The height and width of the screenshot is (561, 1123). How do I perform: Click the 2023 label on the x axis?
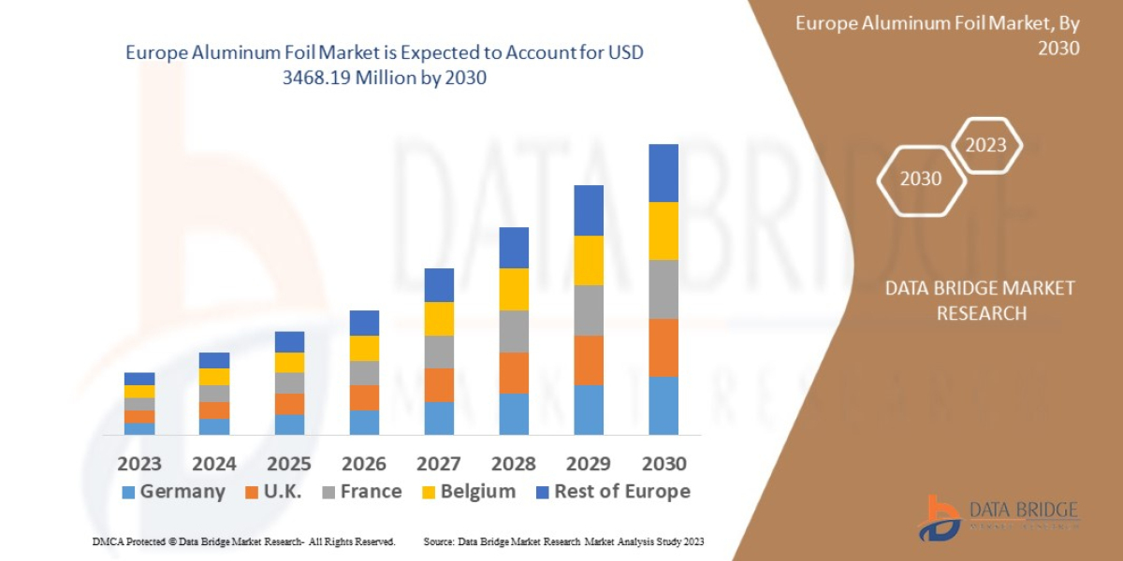point(139,463)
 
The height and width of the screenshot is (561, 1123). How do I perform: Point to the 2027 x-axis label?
point(439,463)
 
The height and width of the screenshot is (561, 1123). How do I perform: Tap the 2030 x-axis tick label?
point(664,463)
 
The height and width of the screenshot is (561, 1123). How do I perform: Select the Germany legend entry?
point(174,492)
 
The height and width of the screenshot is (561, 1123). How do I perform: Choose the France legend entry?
point(362,492)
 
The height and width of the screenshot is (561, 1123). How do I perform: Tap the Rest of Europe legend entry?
point(613,492)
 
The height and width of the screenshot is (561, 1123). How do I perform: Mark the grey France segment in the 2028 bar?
point(514,331)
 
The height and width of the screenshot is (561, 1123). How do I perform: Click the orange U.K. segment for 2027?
point(439,384)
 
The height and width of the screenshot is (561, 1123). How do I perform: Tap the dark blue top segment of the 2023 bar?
point(139,379)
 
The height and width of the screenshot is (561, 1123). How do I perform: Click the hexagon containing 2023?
point(985,145)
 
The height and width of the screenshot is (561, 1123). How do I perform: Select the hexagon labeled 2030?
point(921,179)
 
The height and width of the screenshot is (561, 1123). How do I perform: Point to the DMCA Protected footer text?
point(243,541)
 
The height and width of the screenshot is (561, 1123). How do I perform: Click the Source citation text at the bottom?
point(563,541)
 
